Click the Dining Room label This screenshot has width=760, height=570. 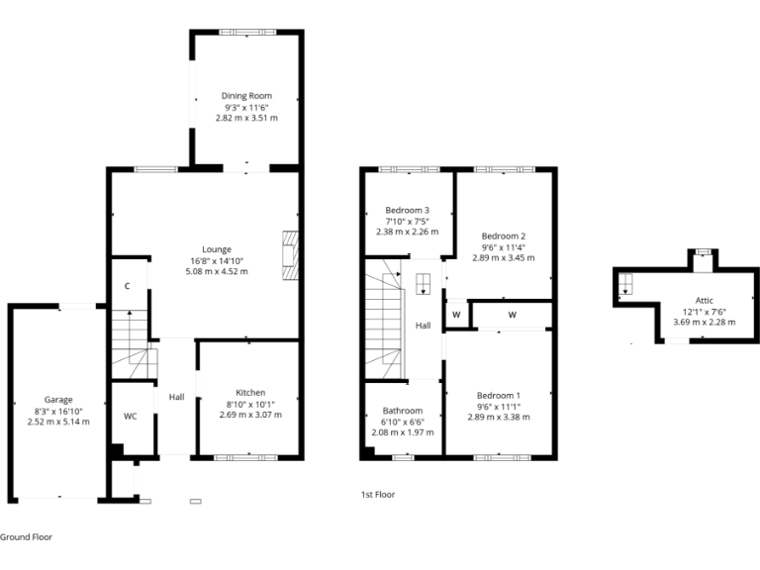[x=246, y=96]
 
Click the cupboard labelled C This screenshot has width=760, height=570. [x=128, y=286]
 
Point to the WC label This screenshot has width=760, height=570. [x=130, y=417]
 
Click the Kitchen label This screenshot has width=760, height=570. [x=249, y=393]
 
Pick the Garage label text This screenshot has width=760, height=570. [x=57, y=400]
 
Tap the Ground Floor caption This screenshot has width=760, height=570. [x=26, y=537]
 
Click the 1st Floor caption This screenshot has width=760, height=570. [x=378, y=494]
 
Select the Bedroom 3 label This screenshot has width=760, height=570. [x=407, y=210]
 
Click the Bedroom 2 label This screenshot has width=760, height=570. [x=503, y=236]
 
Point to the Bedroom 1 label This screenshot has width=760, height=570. [x=499, y=395]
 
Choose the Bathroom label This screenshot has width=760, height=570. [x=403, y=411]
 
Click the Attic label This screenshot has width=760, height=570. [x=704, y=300]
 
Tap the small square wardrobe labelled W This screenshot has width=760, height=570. [x=456, y=315]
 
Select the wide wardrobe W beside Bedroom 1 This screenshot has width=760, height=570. [x=512, y=315]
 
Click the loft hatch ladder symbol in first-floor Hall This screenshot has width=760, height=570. [x=423, y=284]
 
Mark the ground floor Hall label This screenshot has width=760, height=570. [x=176, y=397]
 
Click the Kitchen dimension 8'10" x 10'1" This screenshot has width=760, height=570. [x=249, y=404]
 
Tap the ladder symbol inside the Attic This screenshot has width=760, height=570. [x=626, y=287]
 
